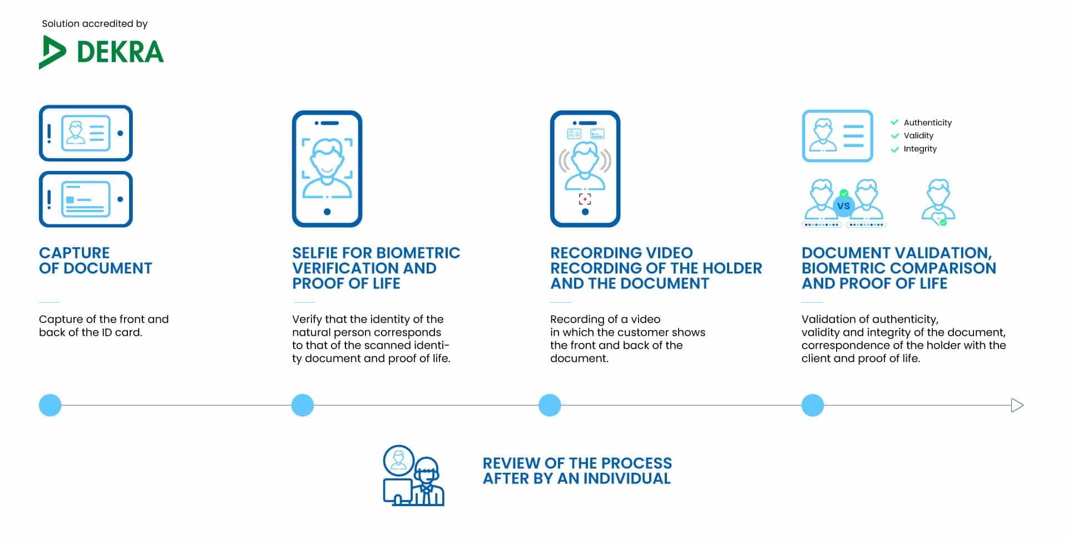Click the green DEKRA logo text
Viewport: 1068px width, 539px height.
point(120,52)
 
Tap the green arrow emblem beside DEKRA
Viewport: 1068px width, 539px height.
point(52,52)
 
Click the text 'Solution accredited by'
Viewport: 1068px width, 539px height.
point(95,23)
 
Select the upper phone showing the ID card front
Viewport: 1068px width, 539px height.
point(86,133)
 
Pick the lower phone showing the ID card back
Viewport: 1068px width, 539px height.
point(86,199)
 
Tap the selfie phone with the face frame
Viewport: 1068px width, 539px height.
point(327,169)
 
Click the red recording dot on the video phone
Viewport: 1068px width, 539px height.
point(585,199)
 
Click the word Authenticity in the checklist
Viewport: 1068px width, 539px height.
point(927,122)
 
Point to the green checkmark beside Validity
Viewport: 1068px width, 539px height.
point(894,135)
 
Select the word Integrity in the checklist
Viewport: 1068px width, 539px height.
point(920,149)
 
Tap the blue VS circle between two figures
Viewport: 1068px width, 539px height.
point(843,205)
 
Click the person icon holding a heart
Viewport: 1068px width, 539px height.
point(938,202)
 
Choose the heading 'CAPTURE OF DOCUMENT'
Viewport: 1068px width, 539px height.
point(95,260)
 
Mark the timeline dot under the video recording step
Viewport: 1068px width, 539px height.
point(550,405)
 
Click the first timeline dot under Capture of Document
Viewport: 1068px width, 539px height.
point(50,405)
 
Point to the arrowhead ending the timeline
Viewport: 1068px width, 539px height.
point(1017,405)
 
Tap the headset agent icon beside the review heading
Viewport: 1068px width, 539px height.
point(414,475)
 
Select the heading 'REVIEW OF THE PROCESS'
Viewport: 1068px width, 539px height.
point(577,463)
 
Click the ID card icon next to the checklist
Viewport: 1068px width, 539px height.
point(837,136)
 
